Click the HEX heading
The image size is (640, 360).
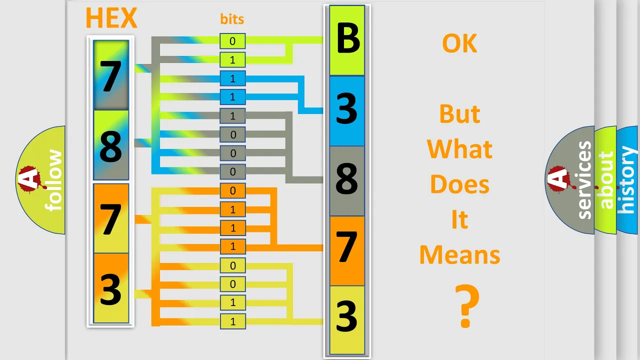pyautogui.click(x=111, y=17)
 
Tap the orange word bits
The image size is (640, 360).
pyautogui.click(x=232, y=19)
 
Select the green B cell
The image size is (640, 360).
pyautogui.click(x=347, y=40)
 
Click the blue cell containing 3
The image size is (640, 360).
pyautogui.click(x=347, y=111)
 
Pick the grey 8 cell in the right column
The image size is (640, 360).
pyautogui.click(x=347, y=181)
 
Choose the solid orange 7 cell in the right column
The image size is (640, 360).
pyautogui.click(x=347, y=250)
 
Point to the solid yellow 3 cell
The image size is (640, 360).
pyautogui.click(x=347, y=320)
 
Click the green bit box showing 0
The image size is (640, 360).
pyautogui.click(x=232, y=41)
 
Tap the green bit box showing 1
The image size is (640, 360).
pyautogui.click(x=232, y=60)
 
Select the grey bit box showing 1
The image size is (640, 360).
pyautogui.click(x=232, y=116)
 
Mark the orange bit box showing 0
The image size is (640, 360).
pyautogui.click(x=232, y=190)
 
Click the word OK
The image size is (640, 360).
pyautogui.click(x=459, y=43)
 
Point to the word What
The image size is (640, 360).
pyautogui.click(x=459, y=149)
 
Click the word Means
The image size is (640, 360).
pyautogui.click(x=459, y=255)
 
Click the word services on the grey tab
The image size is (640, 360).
pyautogui.click(x=584, y=180)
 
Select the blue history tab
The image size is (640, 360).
pyautogui.click(x=627, y=180)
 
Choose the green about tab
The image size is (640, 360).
pyautogui.click(x=605, y=180)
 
